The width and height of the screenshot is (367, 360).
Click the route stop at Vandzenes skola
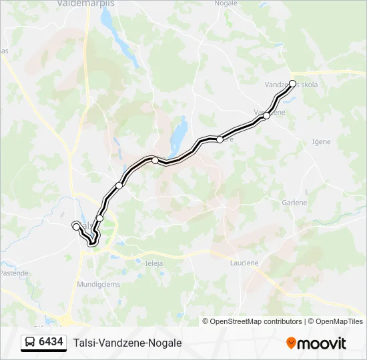point(292,84)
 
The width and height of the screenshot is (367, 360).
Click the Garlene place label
point(294,203)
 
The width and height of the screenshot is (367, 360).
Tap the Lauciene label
point(244,263)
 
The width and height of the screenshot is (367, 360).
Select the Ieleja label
point(154,263)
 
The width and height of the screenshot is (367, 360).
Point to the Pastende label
point(13,273)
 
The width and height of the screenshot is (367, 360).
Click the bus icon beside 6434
point(30,343)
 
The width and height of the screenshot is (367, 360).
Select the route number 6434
point(51,343)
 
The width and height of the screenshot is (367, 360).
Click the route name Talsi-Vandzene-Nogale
point(127,343)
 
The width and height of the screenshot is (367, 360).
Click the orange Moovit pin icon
point(291,343)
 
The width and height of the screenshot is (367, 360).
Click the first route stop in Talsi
point(75,226)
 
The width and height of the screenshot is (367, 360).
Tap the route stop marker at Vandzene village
point(266,116)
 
